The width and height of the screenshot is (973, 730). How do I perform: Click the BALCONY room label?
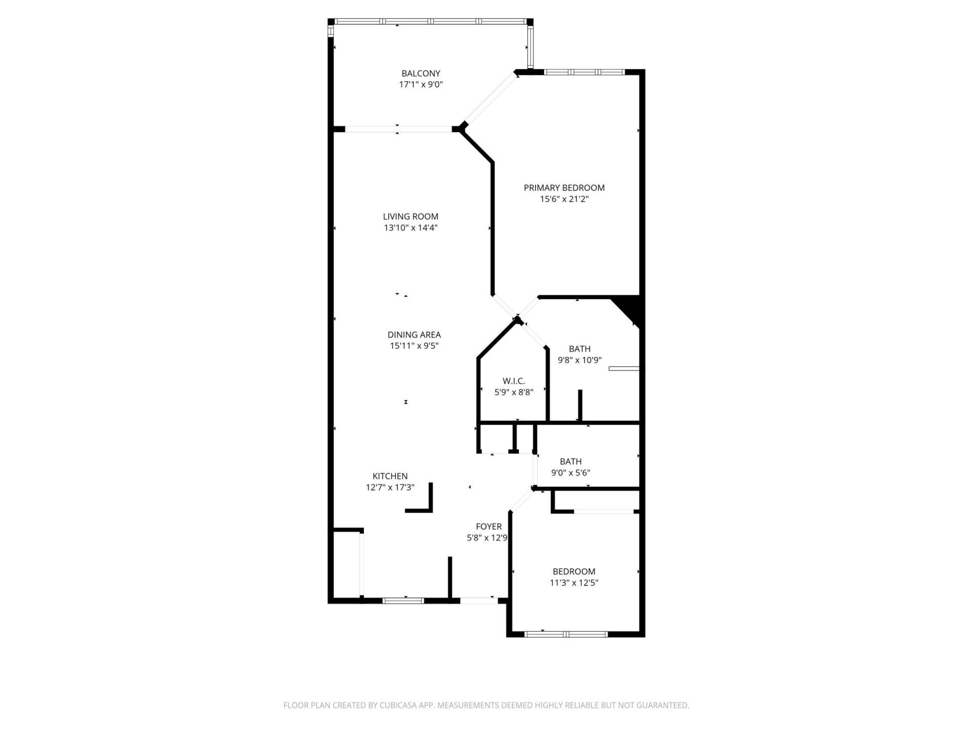[x=421, y=74]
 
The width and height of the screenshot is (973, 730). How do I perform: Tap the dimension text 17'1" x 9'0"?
[x=421, y=85]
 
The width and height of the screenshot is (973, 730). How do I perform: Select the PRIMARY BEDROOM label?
[x=564, y=188]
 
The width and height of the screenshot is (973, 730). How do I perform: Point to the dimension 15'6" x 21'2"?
[x=564, y=199]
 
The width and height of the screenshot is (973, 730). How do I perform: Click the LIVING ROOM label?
[x=410, y=216]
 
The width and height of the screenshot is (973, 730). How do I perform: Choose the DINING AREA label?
[x=414, y=335]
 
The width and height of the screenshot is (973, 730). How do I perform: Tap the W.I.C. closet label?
[x=513, y=381]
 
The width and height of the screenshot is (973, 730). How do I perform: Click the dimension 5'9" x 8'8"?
[x=513, y=392]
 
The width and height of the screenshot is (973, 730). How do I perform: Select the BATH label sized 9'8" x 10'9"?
[x=579, y=349]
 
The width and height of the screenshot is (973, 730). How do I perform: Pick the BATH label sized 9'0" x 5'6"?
[x=570, y=461]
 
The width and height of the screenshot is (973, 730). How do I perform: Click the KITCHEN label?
[x=390, y=476]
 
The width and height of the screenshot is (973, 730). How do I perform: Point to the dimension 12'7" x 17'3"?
[x=390, y=488]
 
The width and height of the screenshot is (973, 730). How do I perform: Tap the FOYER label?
[x=489, y=527]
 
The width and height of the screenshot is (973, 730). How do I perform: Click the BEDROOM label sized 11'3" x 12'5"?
[x=574, y=571]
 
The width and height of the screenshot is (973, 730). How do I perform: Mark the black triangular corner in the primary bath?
[x=631, y=308]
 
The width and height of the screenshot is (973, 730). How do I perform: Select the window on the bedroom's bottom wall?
[x=566, y=634]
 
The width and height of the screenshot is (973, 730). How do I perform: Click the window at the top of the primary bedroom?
[x=584, y=72]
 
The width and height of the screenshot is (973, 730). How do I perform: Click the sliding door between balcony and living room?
[x=398, y=129]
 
